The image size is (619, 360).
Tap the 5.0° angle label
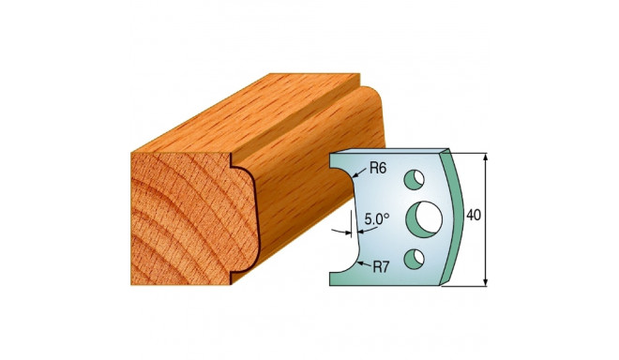[x=377, y=219]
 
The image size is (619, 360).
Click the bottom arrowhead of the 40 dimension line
[x=486, y=281]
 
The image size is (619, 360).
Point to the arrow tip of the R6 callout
[x=357, y=172]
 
